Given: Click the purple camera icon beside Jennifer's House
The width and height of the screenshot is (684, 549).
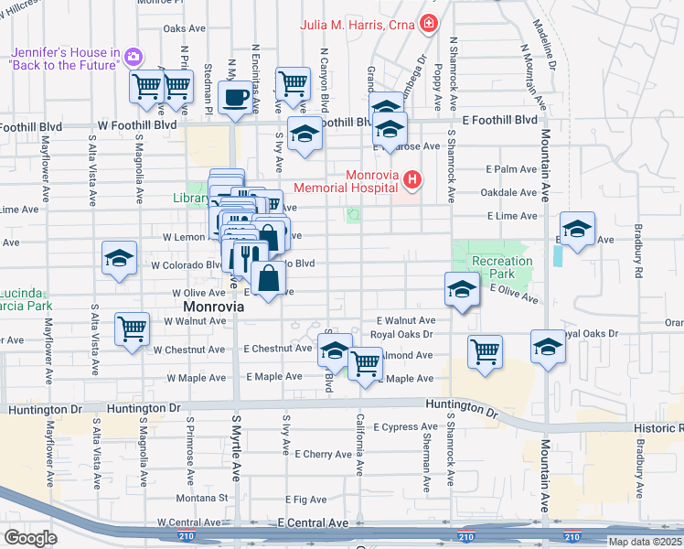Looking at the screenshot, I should [x=134, y=57].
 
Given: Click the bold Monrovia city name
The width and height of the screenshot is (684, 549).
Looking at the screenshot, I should [x=214, y=307].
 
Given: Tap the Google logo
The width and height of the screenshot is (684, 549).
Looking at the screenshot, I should [x=30, y=538].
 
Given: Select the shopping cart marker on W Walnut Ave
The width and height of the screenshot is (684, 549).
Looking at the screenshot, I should [x=133, y=328].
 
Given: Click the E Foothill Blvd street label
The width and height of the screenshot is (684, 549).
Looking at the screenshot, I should [x=499, y=120].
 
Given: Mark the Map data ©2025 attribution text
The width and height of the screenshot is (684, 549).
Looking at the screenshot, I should [x=644, y=541].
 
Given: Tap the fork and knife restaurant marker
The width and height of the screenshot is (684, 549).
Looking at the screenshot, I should [x=247, y=257].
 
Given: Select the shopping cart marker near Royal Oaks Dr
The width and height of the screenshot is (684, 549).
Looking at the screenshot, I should [x=484, y=351].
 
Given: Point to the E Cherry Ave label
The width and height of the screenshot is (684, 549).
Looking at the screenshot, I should [x=315, y=454].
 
